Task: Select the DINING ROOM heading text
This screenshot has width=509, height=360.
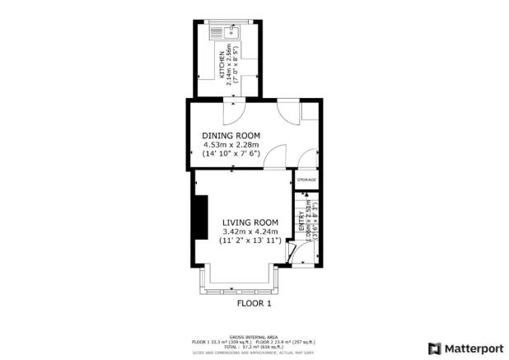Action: click(x=231, y=135)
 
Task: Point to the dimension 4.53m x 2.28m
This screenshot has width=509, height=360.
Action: click(x=231, y=144)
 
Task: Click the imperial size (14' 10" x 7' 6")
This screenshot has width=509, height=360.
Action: click(x=231, y=153)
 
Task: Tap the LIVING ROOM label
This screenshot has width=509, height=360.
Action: click(x=250, y=222)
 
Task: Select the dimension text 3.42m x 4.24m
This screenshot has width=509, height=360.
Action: click(x=250, y=231)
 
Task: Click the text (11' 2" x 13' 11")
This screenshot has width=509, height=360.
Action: click(x=250, y=241)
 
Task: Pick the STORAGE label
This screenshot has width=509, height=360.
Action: click(x=306, y=180)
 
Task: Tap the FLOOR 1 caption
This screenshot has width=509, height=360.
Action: click(x=254, y=303)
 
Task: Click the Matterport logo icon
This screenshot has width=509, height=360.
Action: click(x=433, y=348)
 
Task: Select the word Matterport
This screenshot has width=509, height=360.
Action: click(x=471, y=348)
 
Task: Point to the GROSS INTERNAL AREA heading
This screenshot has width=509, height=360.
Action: click(x=254, y=336)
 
